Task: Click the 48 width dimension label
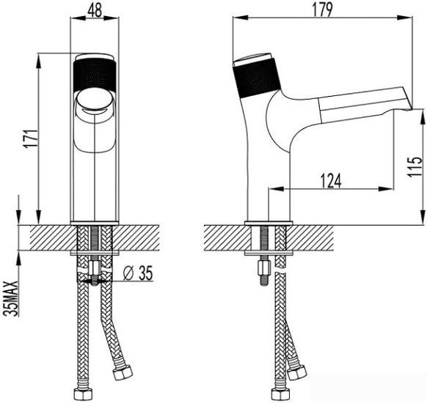click(95, 10)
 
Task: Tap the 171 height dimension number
click(31, 138)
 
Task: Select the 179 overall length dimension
click(322, 10)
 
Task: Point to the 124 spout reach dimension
click(331, 181)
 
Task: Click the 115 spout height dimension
click(415, 166)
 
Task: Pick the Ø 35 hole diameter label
click(138, 273)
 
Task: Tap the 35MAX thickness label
click(12, 298)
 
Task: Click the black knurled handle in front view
click(95, 76)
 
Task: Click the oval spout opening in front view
click(94, 100)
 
